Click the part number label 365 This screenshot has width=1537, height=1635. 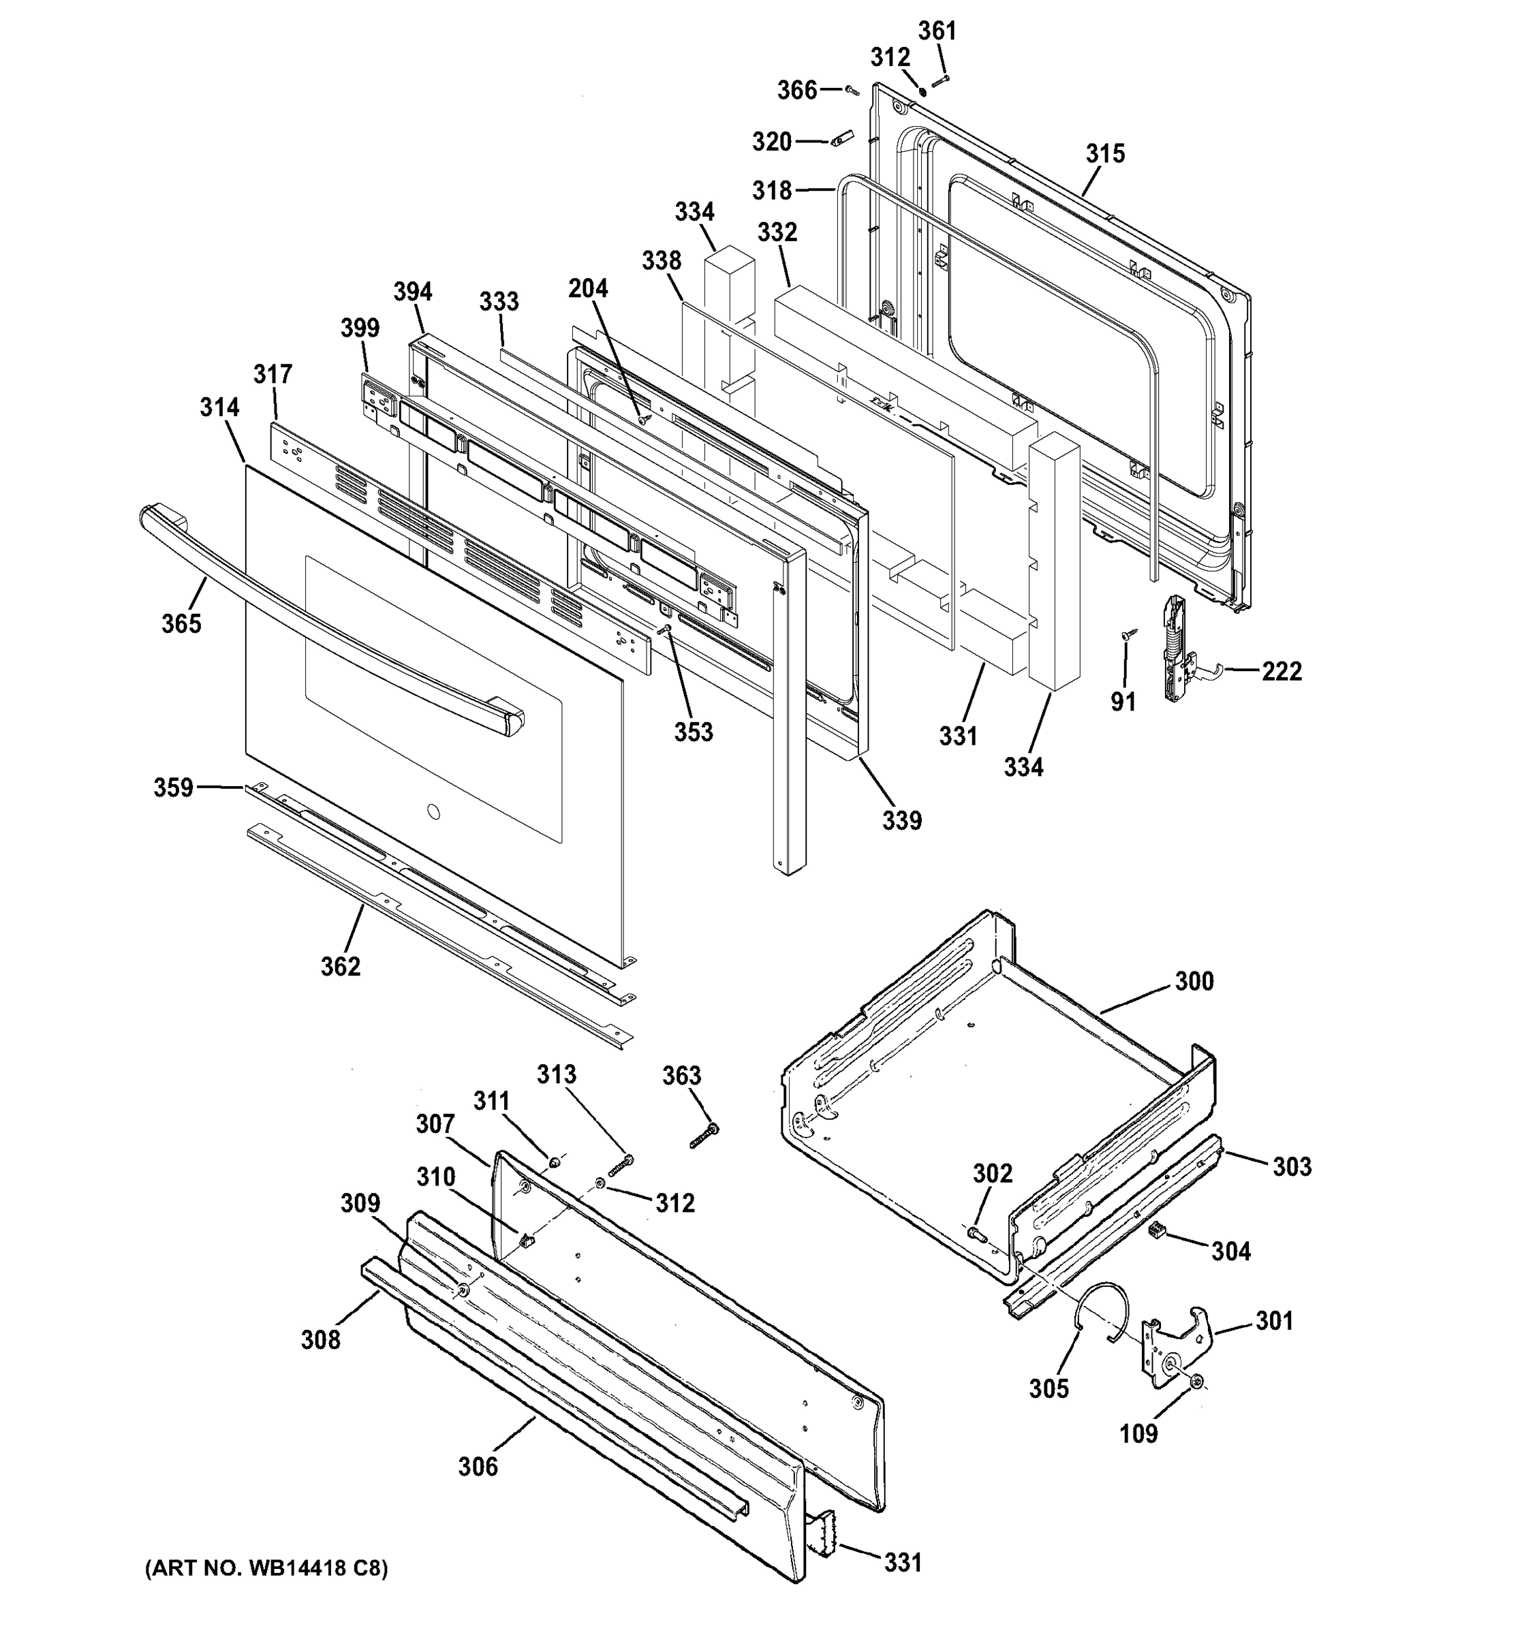click(181, 623)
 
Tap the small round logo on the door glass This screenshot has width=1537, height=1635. click(433, 813)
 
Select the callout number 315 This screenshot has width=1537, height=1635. click(1104, 153)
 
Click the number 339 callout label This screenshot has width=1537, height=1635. click(902, 820)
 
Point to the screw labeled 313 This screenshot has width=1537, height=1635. click(621, 1164)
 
